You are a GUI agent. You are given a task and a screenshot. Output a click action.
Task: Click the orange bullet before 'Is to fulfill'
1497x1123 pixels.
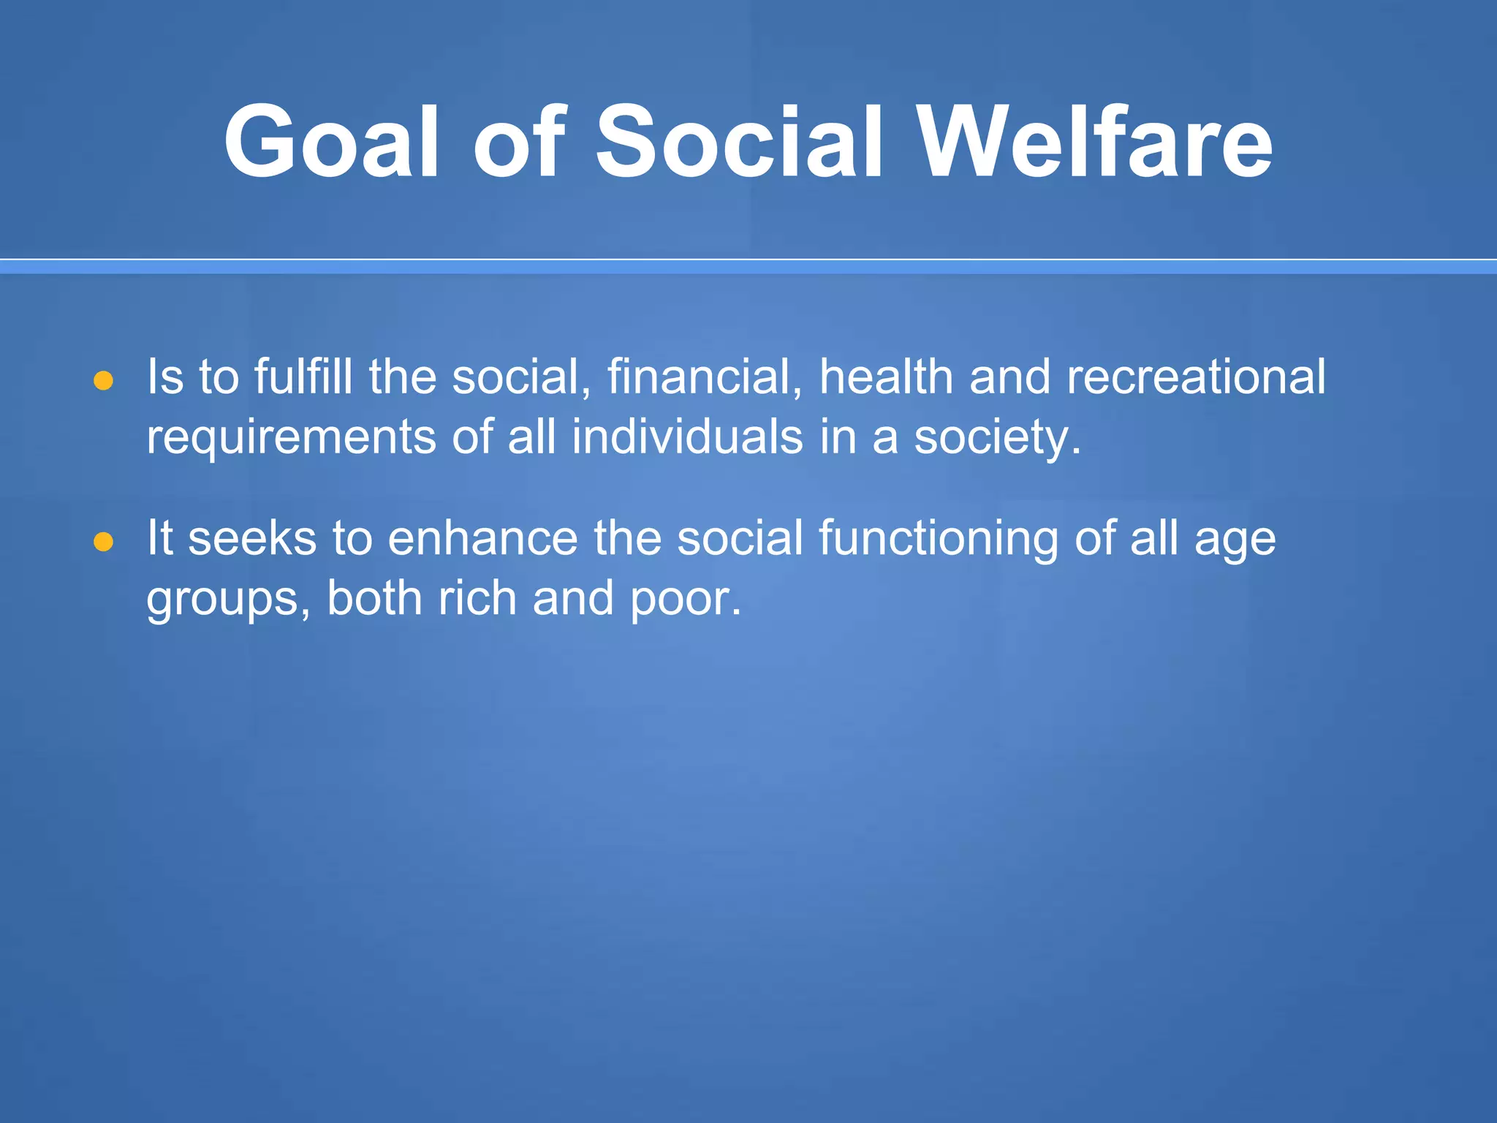(x=104, y=381)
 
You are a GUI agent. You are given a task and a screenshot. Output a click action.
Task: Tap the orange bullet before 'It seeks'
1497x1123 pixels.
(x=104, y=542)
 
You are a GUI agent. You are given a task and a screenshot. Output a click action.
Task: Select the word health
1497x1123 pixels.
(x=885, y=377)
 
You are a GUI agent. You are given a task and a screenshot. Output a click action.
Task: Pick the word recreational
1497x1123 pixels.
(x=1196, y=377)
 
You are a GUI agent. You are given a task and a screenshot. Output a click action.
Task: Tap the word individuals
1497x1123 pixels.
(x=687, y=437)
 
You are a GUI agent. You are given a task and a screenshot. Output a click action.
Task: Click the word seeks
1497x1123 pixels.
(x=252, y=538)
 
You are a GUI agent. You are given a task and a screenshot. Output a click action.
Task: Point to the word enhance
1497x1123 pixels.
(x=482, y=538)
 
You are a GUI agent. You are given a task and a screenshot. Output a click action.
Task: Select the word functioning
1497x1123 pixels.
(x=938, y=540)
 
